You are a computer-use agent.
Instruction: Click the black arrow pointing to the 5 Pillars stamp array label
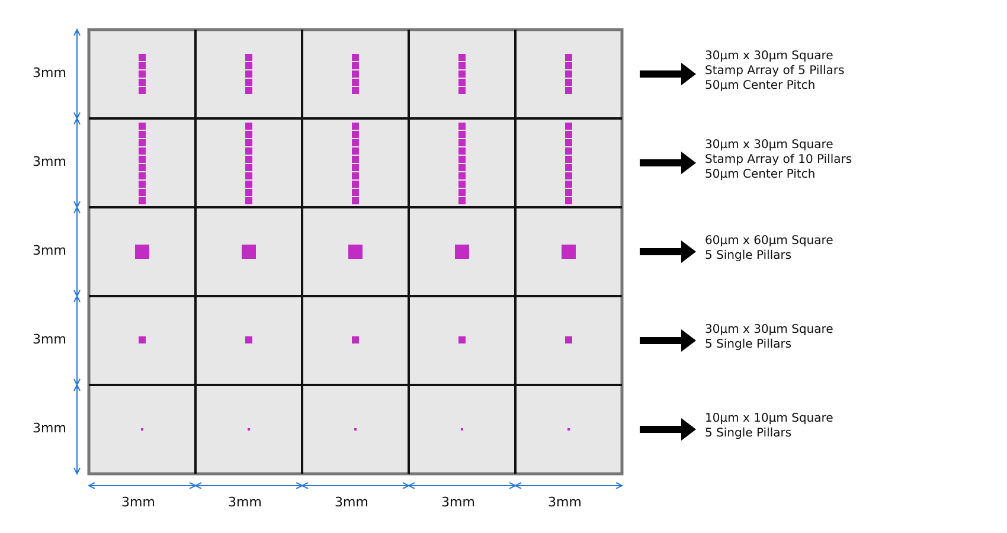[668, 74]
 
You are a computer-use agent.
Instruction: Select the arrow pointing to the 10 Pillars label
[668, 163]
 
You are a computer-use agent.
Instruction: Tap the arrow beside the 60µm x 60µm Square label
[668, 252]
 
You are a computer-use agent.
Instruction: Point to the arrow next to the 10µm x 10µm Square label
[668, 429]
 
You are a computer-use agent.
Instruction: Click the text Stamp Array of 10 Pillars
[778, 159]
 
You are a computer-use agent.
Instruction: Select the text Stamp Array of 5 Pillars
[775, 70]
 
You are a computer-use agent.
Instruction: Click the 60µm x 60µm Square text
[769, 240]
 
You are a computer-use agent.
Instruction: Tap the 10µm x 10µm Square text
[769, 418]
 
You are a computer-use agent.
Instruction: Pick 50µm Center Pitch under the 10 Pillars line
[760, 174]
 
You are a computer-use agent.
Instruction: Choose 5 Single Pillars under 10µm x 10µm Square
[748, 433]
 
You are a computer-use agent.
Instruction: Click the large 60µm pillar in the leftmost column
[142, 252]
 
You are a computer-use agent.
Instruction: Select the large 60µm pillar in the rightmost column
[569, 252]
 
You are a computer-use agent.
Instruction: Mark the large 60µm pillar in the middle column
[355, 252]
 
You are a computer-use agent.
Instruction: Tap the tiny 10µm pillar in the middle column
[355, 429]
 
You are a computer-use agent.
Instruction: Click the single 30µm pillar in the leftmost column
[142, 340]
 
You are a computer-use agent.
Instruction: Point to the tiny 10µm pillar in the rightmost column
[569, 429]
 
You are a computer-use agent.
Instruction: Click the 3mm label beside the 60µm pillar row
[49, 251]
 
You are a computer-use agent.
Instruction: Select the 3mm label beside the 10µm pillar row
[49, 428]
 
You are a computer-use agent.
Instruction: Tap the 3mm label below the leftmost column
[138, 502]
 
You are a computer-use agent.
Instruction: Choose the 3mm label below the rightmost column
[565, 502]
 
